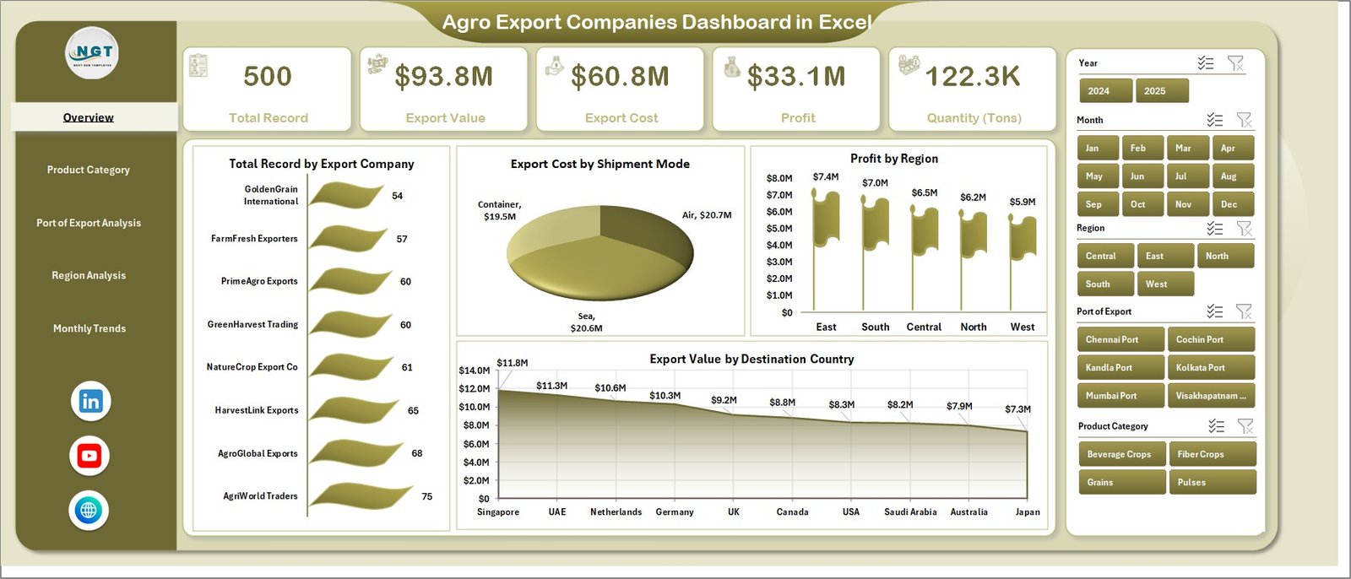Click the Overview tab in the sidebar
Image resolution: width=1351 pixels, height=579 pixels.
click(89, 117)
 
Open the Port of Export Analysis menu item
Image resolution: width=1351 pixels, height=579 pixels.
click(89, 223)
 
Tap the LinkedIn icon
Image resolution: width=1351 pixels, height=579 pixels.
click(90, 401)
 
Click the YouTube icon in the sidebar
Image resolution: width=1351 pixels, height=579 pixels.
click(89, 456)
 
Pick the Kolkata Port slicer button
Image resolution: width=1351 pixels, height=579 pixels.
click(1209, 368)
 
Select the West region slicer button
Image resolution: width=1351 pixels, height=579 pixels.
click(1164, 284)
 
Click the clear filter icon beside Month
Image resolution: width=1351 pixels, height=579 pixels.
click(1244, 120)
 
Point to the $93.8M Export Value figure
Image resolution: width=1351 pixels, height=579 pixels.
click(444, 77)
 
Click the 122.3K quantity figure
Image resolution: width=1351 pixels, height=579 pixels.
click(973, 77)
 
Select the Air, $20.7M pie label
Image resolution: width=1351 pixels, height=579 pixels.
click(707, 215)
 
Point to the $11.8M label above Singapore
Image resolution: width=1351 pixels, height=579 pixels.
click(513, 363)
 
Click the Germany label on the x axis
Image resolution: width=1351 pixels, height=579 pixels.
click(675, 512)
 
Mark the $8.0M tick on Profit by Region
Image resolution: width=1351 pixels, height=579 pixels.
click(779, 178)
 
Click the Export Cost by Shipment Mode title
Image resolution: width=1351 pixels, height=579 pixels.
click(600, 164)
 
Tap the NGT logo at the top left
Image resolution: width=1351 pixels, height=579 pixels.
click(93, 53)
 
